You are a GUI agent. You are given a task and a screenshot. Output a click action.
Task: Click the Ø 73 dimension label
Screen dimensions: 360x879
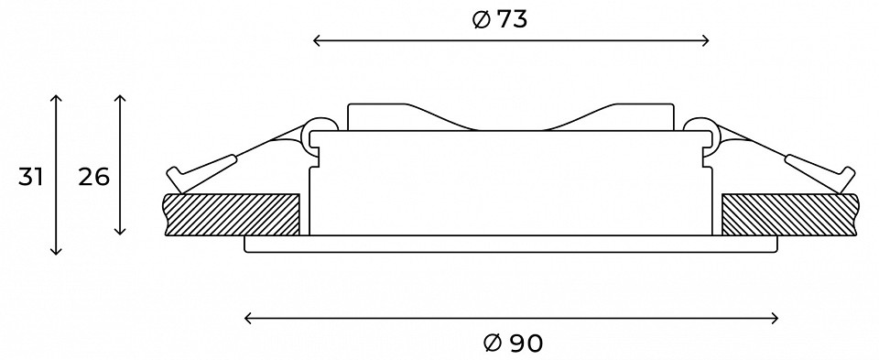tap(499, 20)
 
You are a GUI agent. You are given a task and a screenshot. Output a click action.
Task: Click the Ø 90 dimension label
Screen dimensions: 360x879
tap(513, 344)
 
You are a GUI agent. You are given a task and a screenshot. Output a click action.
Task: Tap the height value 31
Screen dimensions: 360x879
tap(31, 177)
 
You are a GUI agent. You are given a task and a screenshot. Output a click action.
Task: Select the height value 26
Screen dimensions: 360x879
tap(93, 177)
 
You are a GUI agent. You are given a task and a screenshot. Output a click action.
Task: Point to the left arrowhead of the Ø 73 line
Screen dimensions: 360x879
tap(316, 40)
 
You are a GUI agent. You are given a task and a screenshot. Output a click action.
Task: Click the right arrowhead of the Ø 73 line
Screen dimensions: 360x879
tap(707, 40)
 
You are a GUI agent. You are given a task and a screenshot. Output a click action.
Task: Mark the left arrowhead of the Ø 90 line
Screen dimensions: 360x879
tap(248, 318)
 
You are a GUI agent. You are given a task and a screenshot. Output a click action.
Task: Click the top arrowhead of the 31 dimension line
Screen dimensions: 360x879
tap(57, 96)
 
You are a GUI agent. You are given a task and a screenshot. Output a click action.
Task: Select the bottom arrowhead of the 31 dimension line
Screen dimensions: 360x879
tap(57, 251)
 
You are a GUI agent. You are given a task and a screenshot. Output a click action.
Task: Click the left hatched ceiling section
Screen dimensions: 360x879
tap(233, 214)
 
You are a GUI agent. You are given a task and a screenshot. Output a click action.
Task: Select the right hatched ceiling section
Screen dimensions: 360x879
tap(789, 214)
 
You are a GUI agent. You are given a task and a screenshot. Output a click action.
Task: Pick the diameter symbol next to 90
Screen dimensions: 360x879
tap(492, 344)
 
